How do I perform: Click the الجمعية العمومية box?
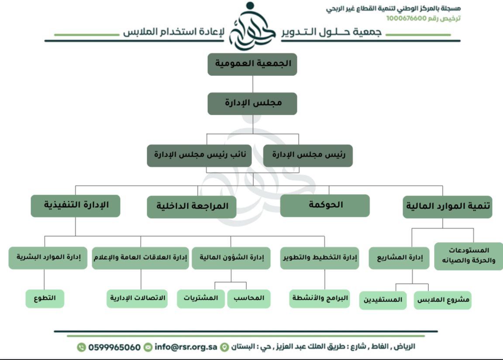click(252, 64)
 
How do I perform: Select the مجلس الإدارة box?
click(252, 103)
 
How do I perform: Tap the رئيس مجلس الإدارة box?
click(308, 155)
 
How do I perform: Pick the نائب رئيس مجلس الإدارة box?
click(199, 155)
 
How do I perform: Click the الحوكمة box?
click(325, 206)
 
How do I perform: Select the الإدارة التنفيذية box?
click(76, 206)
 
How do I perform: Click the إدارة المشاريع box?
click(399, 258)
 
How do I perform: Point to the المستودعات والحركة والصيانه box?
click(469, 256)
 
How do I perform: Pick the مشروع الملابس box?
click(443, 300)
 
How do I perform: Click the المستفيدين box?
click(383, 300)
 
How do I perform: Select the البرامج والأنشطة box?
click(320, 299)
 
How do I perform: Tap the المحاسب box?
click(249, 298)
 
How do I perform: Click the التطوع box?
click(45, 299)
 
